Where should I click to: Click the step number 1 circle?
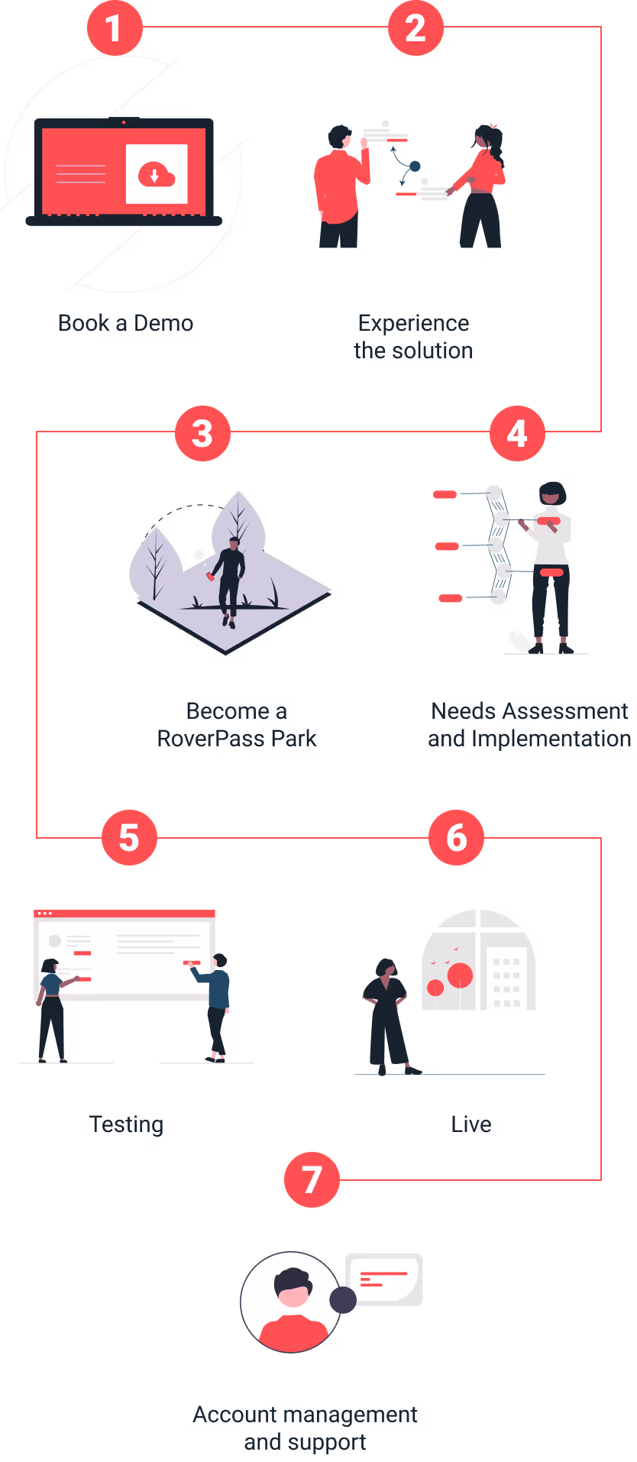tap(115, 28)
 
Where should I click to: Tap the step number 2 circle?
tap(416, 28)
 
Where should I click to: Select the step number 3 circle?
tap(202, 433)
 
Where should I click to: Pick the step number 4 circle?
tap(517, 433)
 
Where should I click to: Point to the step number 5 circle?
tap(129, 837)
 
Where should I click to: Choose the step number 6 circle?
tap(456, 837)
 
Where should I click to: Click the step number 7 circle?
tap(312, 1179)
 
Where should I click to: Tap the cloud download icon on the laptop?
tap(156, 175)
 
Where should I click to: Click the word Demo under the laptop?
tap(163, 323)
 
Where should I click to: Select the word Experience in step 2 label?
tap(413, 323)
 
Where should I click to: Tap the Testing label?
tap(127, 1124)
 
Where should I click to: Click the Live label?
tap(470, 1124)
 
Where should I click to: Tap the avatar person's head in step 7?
tap(293, 1288)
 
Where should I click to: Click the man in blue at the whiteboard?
tap(217, 1004)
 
